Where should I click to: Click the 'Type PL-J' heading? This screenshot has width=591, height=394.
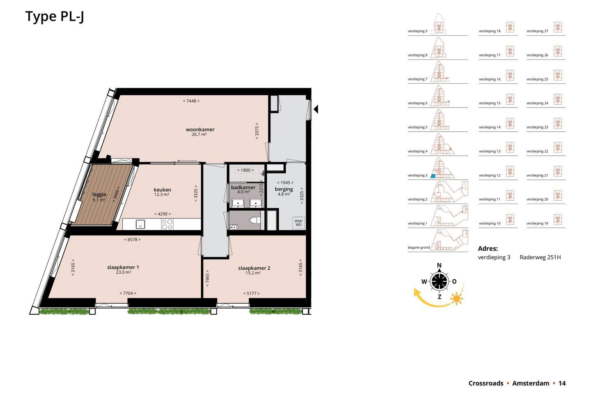pos(55,17)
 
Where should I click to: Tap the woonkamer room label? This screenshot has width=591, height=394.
pos(200,130)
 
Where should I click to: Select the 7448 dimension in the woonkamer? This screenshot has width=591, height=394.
pos(191,101)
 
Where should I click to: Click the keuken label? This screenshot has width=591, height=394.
pos(162,190)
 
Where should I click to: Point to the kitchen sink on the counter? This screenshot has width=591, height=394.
pos(140,224)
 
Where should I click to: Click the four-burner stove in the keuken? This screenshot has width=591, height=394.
pos(167,224)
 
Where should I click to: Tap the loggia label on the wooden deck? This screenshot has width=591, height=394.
pos(99,195)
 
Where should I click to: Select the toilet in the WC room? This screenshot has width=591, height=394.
pos(255,220)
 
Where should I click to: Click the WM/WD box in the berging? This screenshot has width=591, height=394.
pos(298,223)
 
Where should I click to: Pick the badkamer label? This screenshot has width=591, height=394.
pos(243,188)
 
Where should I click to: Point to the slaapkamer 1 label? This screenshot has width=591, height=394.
pos(123,267)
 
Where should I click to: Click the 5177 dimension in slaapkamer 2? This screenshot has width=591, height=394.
pos(251,293)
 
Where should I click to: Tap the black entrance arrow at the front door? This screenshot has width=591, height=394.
pos(316,109)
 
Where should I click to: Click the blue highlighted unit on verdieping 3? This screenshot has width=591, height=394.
pos(433,176)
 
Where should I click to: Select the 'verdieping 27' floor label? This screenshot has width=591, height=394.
pos(537,31)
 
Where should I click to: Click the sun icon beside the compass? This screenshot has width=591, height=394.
pos(456,298)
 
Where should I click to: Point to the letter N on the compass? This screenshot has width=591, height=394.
pos(439,265)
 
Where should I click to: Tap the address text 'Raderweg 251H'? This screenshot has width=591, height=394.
pos(540,257)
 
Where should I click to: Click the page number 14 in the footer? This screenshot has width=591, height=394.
pos(562,383)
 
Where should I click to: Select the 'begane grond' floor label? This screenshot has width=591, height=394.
pos(419,247)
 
